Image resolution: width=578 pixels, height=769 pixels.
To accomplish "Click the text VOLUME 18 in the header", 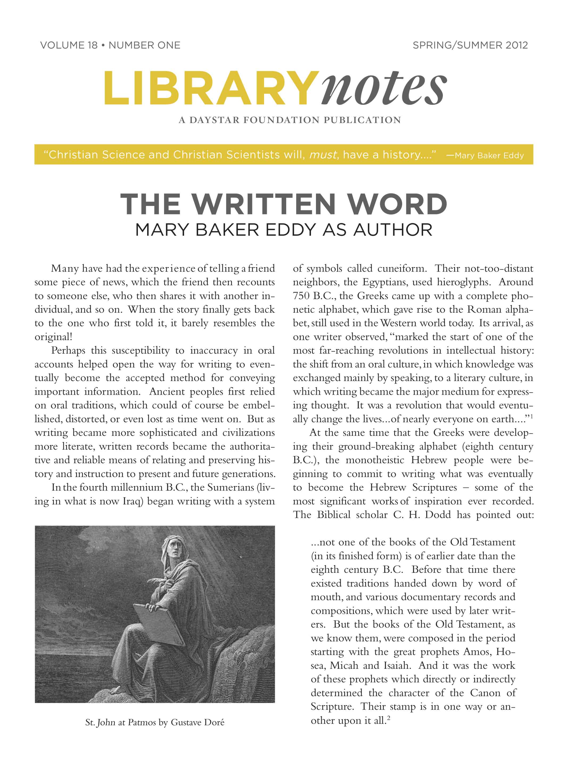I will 69,45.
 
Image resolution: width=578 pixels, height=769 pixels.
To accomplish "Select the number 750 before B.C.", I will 301,296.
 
